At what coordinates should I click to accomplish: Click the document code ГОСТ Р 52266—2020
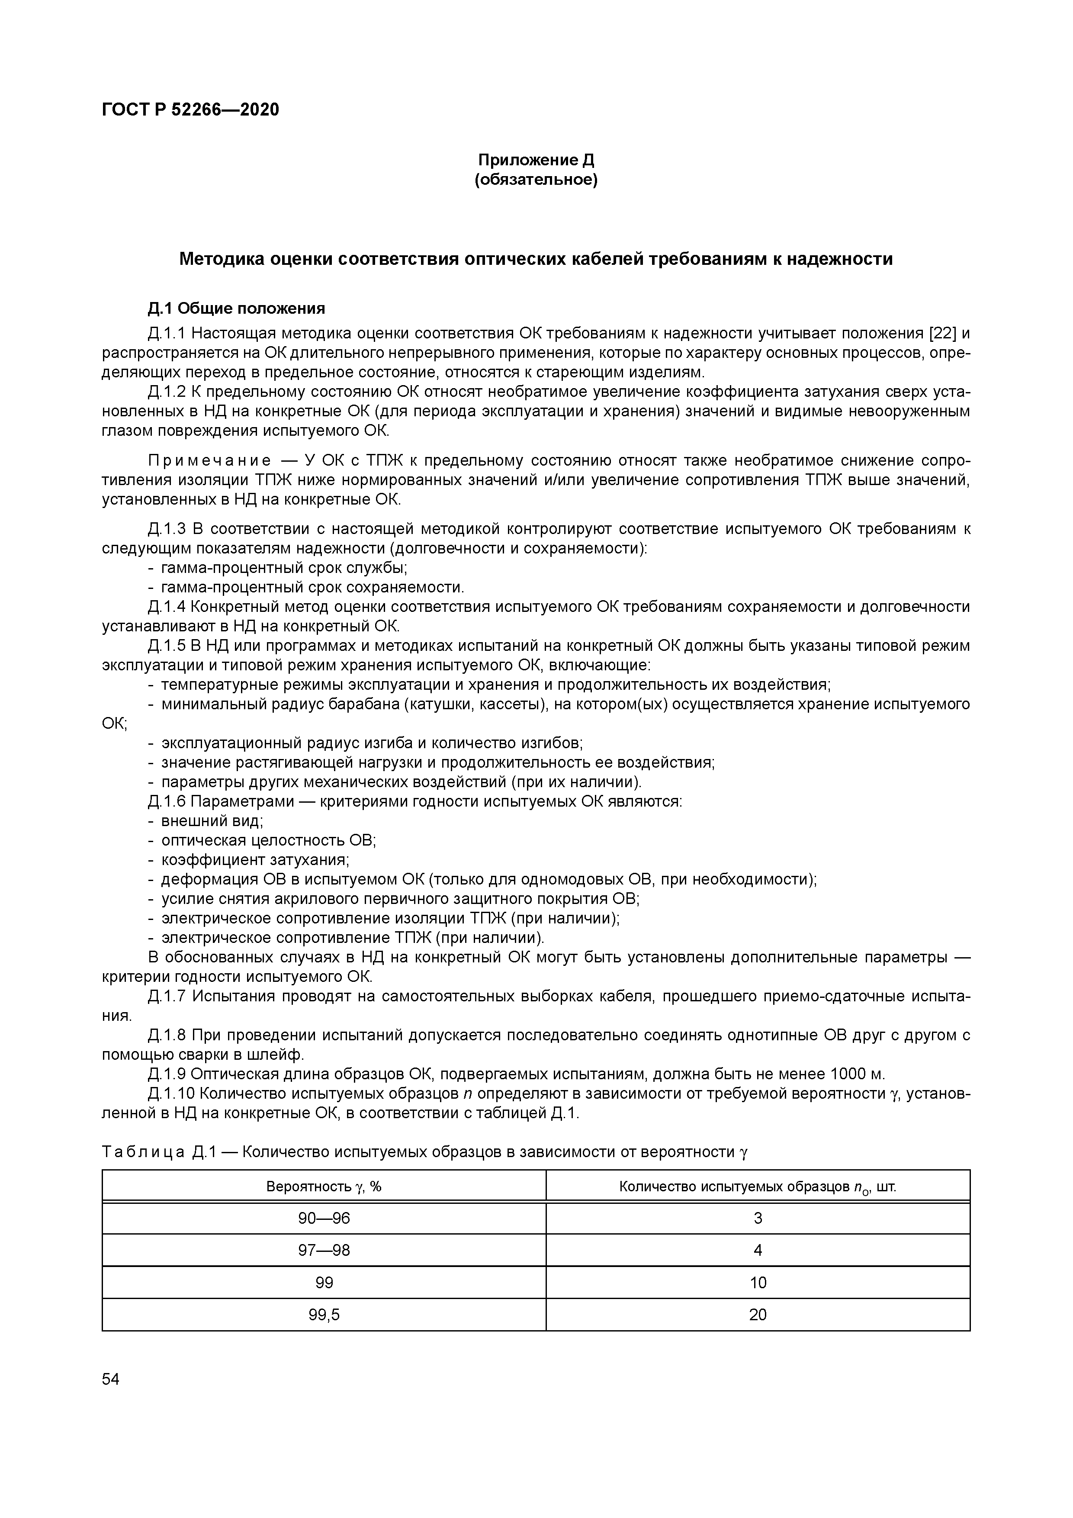coord(190,109)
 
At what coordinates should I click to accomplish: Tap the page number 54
coord(110,1379)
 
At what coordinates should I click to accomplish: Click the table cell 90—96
coord(324,1218)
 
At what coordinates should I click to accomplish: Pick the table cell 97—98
coord(324,1250)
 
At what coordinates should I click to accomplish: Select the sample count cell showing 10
coord(758,1283)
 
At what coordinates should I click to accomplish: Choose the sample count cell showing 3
coord(758,1218)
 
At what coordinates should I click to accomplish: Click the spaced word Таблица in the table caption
coord(143,1152)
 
